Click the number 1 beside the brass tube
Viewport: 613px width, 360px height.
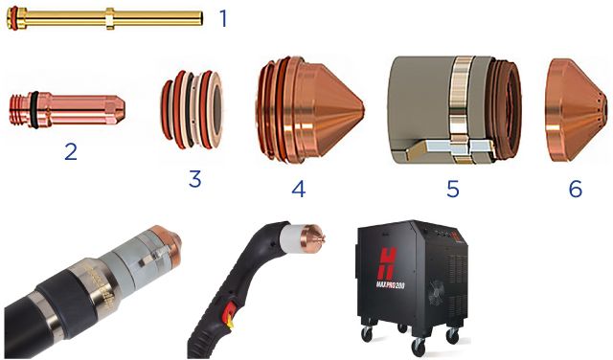223,17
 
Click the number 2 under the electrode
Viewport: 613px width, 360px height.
70,150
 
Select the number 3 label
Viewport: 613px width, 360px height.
194,178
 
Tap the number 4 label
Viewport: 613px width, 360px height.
298,188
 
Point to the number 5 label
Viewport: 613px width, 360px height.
452,189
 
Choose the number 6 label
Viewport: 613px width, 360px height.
575,189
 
